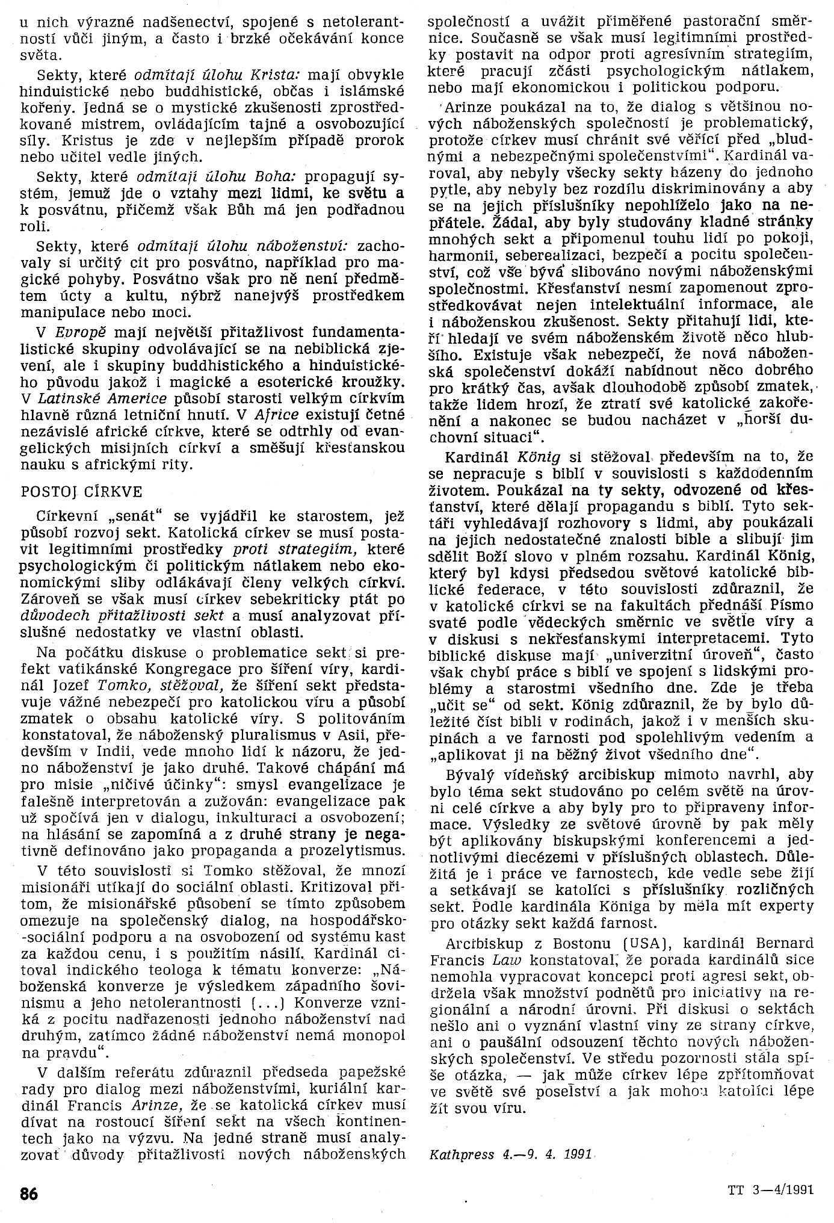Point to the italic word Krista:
point(282,74)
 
